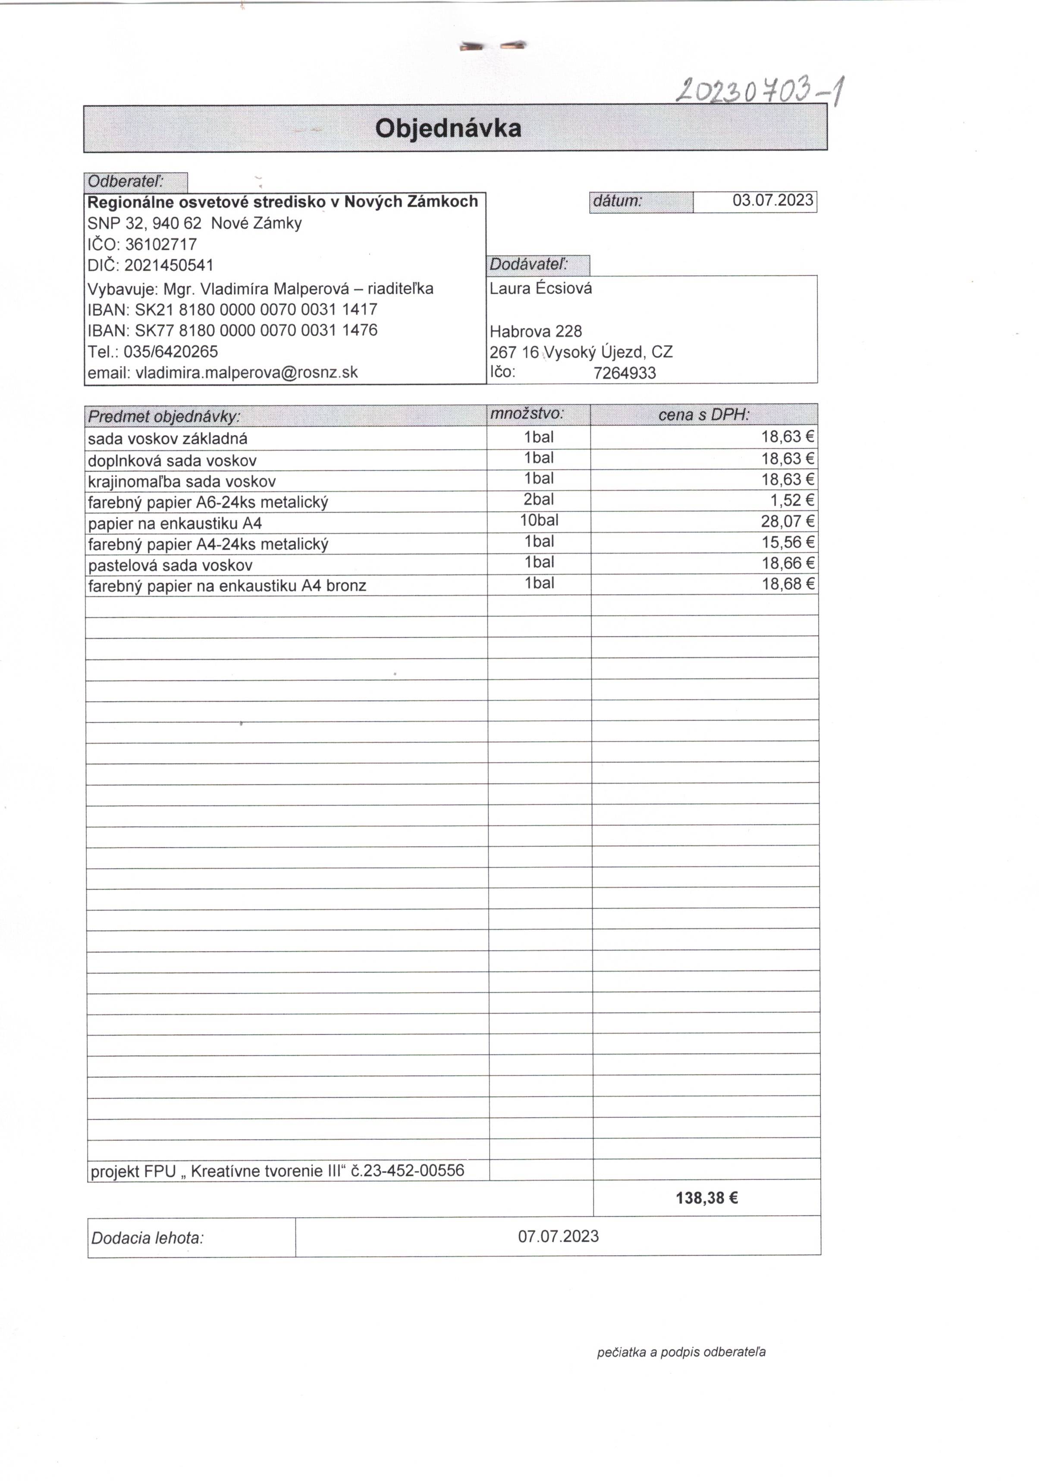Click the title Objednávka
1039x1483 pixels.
(448, 128)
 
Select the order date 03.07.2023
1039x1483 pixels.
(772, 200)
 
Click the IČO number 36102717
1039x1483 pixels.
(161, 244)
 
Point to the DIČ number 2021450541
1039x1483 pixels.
(169, 265)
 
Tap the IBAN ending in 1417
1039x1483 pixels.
(256, 309)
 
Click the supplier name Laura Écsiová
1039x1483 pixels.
(540, 288)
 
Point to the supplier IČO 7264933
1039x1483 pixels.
(625, 373)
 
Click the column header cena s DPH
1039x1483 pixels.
(704, 415)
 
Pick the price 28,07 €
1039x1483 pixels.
(787, 521)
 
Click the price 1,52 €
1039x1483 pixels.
(792, 501)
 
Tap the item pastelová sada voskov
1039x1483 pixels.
(170, 565)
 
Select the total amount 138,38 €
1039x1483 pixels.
(706, 1198)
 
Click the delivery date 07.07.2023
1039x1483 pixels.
(558, 1236)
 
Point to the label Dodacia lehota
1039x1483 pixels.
(147, 1238)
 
